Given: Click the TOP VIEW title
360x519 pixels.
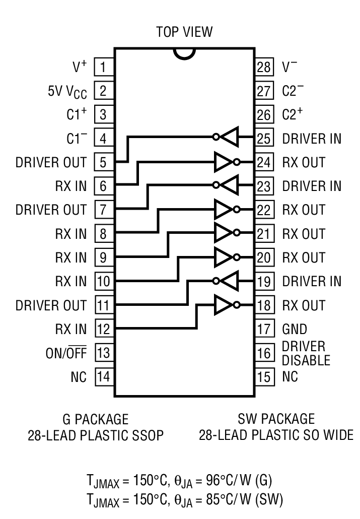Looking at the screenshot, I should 184,32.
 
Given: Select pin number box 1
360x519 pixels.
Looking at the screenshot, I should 104,67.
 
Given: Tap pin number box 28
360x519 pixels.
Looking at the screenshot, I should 264,67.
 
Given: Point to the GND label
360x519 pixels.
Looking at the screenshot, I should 295,330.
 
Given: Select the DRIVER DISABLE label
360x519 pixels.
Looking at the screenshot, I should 306,353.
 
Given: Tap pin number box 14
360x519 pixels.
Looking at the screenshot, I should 104,377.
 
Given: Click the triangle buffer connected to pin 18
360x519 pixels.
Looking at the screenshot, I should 223,305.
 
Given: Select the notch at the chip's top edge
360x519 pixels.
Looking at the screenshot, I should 184,54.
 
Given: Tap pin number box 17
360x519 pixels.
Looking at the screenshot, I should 264,330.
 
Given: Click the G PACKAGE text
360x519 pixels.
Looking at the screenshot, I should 95,419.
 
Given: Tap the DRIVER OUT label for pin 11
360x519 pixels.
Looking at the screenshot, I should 51,306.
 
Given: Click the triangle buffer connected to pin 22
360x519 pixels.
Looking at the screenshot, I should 223,210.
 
